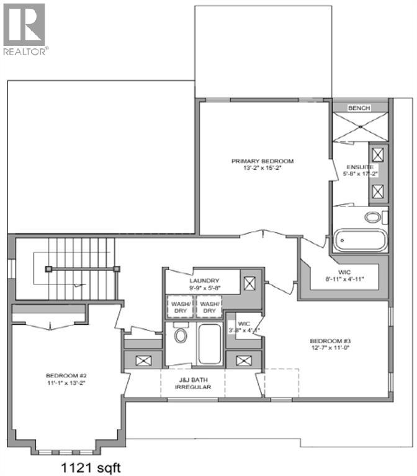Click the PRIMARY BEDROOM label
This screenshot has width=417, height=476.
coord(262,161)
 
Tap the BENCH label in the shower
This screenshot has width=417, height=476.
coord(359,108)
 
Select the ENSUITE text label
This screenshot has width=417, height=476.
coord(360,167)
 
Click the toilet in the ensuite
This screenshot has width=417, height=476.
coord(373,218)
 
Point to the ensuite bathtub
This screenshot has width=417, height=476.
coord(361,240)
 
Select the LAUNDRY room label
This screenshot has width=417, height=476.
coord(201,280)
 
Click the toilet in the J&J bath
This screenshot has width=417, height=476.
coord(181,335)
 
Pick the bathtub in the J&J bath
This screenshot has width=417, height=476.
coord(209,343)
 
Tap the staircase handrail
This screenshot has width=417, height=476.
coord(82,268)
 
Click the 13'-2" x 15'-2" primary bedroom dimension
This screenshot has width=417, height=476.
coord(262,169)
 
